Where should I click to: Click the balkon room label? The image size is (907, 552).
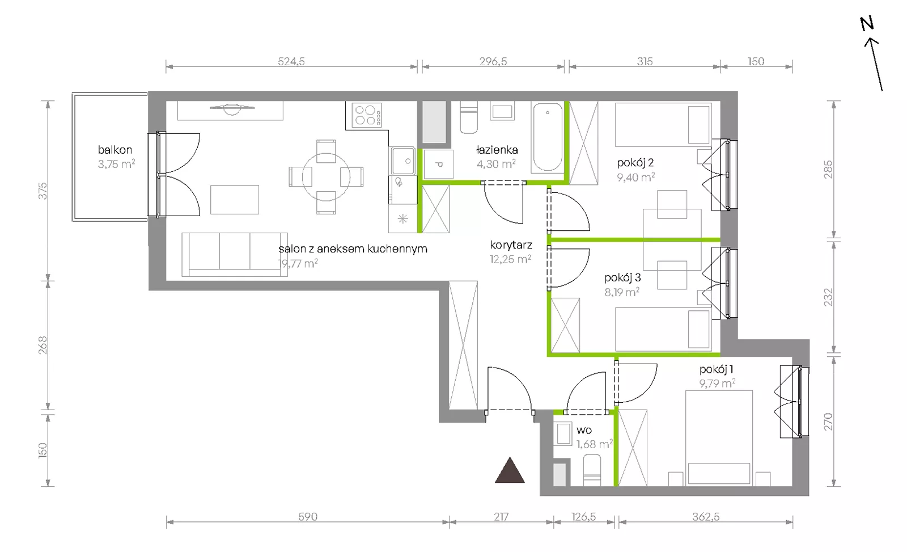click(115, 150)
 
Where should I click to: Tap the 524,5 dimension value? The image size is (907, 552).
click(291, 61)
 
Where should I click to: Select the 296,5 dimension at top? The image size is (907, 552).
click(493, 61)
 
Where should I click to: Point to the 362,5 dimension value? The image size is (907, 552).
click(706, 517)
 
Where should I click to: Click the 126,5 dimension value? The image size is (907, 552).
click(583, 517)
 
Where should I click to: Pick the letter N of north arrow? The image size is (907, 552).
click(867, 24)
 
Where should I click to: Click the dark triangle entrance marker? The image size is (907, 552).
click(510, 470)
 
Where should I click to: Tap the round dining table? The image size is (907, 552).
click(326, 176)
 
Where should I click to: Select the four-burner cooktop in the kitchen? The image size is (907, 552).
click(367, 115)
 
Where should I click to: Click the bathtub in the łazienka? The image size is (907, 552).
click(548, 137)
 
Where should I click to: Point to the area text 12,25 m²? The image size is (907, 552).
click(510, 259)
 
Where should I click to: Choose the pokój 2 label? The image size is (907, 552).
click(635, 162)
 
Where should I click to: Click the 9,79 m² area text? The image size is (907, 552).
click(717, 383)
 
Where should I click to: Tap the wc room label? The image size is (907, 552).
click(584, 430)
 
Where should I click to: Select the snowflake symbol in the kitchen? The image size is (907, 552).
click(402, 219)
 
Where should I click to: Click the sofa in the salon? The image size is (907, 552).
click(235, 255)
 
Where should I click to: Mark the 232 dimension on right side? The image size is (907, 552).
click(828, 297)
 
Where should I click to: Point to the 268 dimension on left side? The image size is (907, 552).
click(43, 345)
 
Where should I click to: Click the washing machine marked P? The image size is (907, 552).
click(438, 164)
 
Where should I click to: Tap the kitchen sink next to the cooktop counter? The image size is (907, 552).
click(403, 161)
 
